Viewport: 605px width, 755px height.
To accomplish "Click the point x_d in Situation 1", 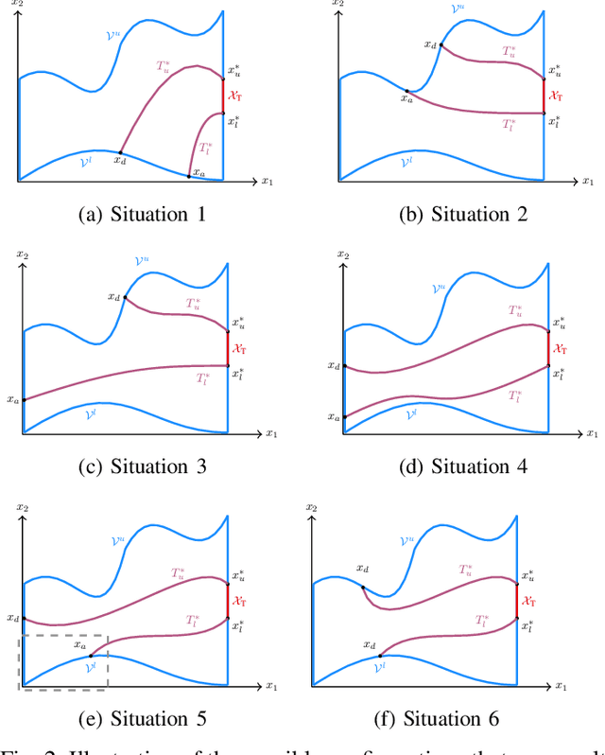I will point(120,151).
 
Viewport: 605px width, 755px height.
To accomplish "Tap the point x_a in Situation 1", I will point(188,175).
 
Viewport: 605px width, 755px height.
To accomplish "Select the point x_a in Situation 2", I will point(406,91).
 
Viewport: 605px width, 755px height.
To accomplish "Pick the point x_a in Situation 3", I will point(23,399).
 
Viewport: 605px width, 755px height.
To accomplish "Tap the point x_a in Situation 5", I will point(91,656).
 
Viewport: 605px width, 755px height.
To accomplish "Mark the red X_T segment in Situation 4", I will point(548,348).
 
